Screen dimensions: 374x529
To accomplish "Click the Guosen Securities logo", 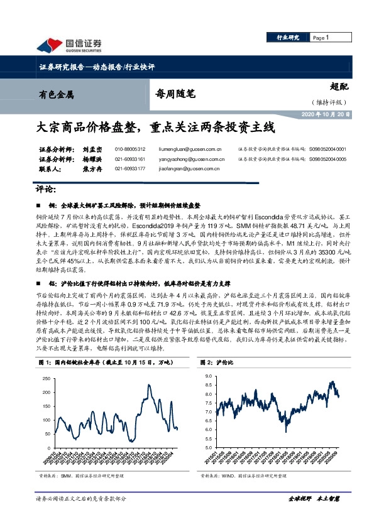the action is [69, 45].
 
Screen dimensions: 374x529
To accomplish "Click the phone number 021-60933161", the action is [130, 160].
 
